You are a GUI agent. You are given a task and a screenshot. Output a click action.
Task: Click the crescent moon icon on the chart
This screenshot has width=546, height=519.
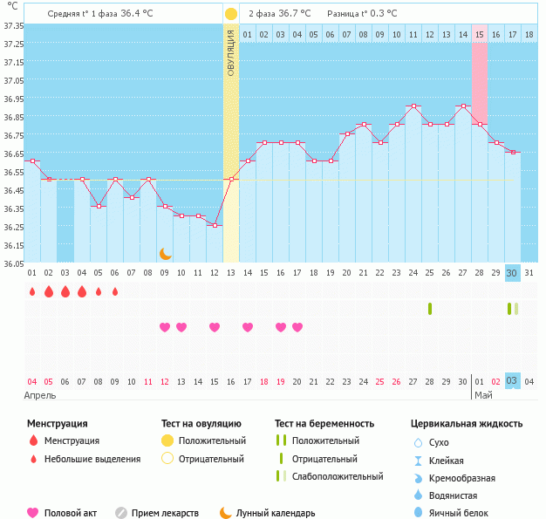(x=166, y=254)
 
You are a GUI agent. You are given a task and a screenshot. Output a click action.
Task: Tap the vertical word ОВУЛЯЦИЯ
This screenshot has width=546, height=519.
(x=231, y=52)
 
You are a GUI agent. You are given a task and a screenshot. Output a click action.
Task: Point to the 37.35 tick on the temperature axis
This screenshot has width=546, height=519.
(x=13, y=24)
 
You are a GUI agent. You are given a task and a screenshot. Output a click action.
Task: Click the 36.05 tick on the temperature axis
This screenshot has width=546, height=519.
(x=13, y=263)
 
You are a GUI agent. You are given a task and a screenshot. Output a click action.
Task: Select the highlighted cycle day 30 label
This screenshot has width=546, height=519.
(x=512, y=273)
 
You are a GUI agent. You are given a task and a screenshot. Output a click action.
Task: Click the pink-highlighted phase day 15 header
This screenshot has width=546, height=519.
(x=480, y=35)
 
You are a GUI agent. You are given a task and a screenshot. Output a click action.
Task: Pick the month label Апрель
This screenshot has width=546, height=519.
(x=41, y=395)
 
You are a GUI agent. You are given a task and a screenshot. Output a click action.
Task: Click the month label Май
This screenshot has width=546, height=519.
(x=482, y=395)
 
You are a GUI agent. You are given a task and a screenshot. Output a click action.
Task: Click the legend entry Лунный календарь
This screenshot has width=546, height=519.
(x=267, y=513)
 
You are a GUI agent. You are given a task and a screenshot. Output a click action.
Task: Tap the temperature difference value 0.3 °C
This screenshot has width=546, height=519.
(x=380, y=14)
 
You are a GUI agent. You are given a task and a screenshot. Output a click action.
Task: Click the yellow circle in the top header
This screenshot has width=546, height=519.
(x=230, y=14)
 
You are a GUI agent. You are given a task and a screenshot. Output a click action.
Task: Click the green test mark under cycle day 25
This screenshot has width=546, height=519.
(x=430, y=308)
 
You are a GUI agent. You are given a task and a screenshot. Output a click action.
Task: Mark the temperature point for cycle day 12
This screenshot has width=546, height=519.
(x=215, y=225)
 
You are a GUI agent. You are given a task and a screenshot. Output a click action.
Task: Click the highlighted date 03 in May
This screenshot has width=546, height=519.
(x=512, y=380)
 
